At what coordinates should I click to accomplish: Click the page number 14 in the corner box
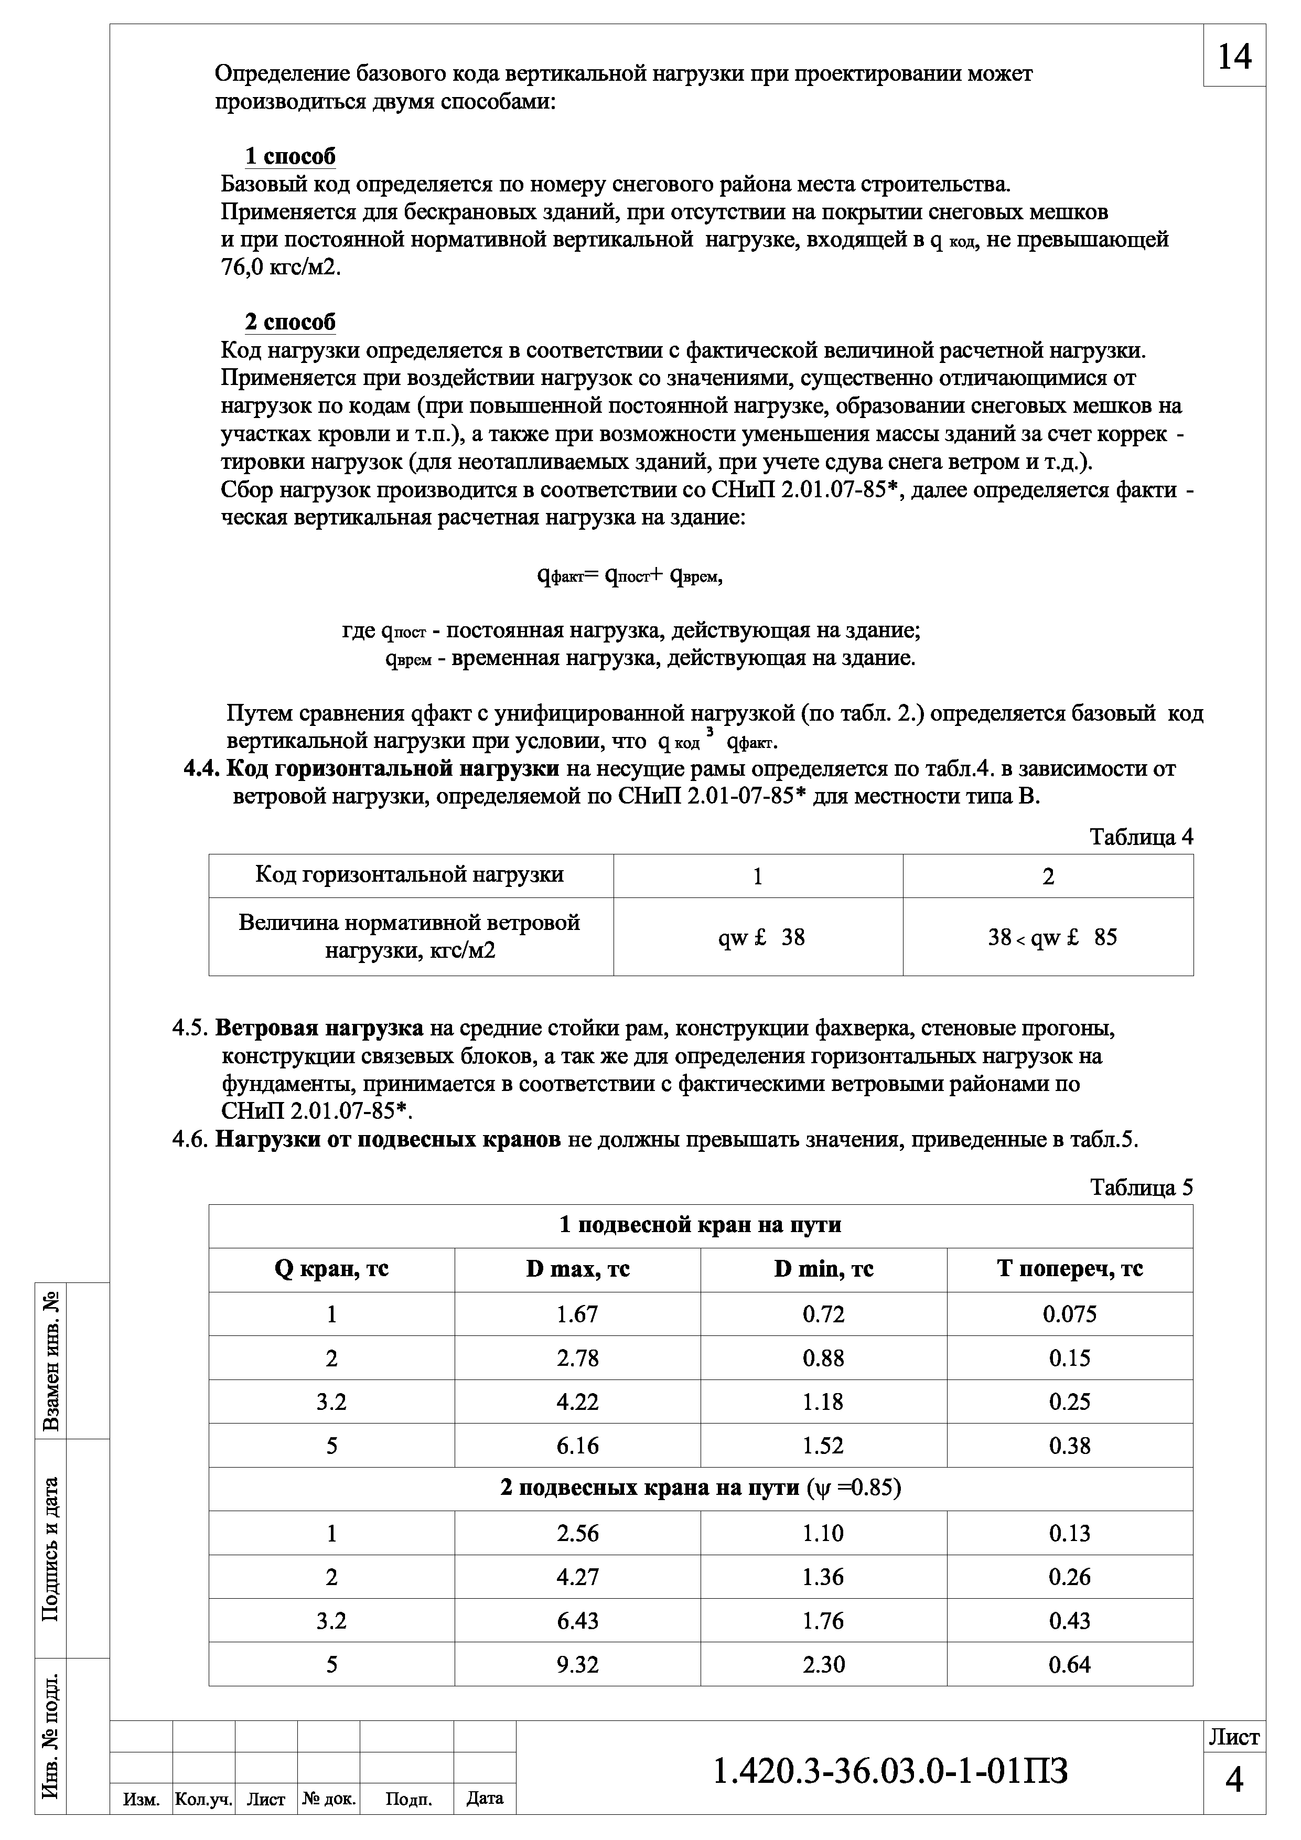pos(1234,57)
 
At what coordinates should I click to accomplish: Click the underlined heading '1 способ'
pos(290,156)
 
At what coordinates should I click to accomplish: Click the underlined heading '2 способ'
pos(290,322)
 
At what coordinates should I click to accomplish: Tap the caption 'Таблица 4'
pos(1141,838)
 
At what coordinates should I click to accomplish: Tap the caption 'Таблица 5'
pos(1141,1188)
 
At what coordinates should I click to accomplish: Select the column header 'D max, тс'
pos(577,1269)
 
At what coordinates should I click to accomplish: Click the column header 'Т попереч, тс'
pos(1069,1269)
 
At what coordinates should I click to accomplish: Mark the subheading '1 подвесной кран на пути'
pos(700,1225)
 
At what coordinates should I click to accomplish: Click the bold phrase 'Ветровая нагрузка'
pos(319,1028)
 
